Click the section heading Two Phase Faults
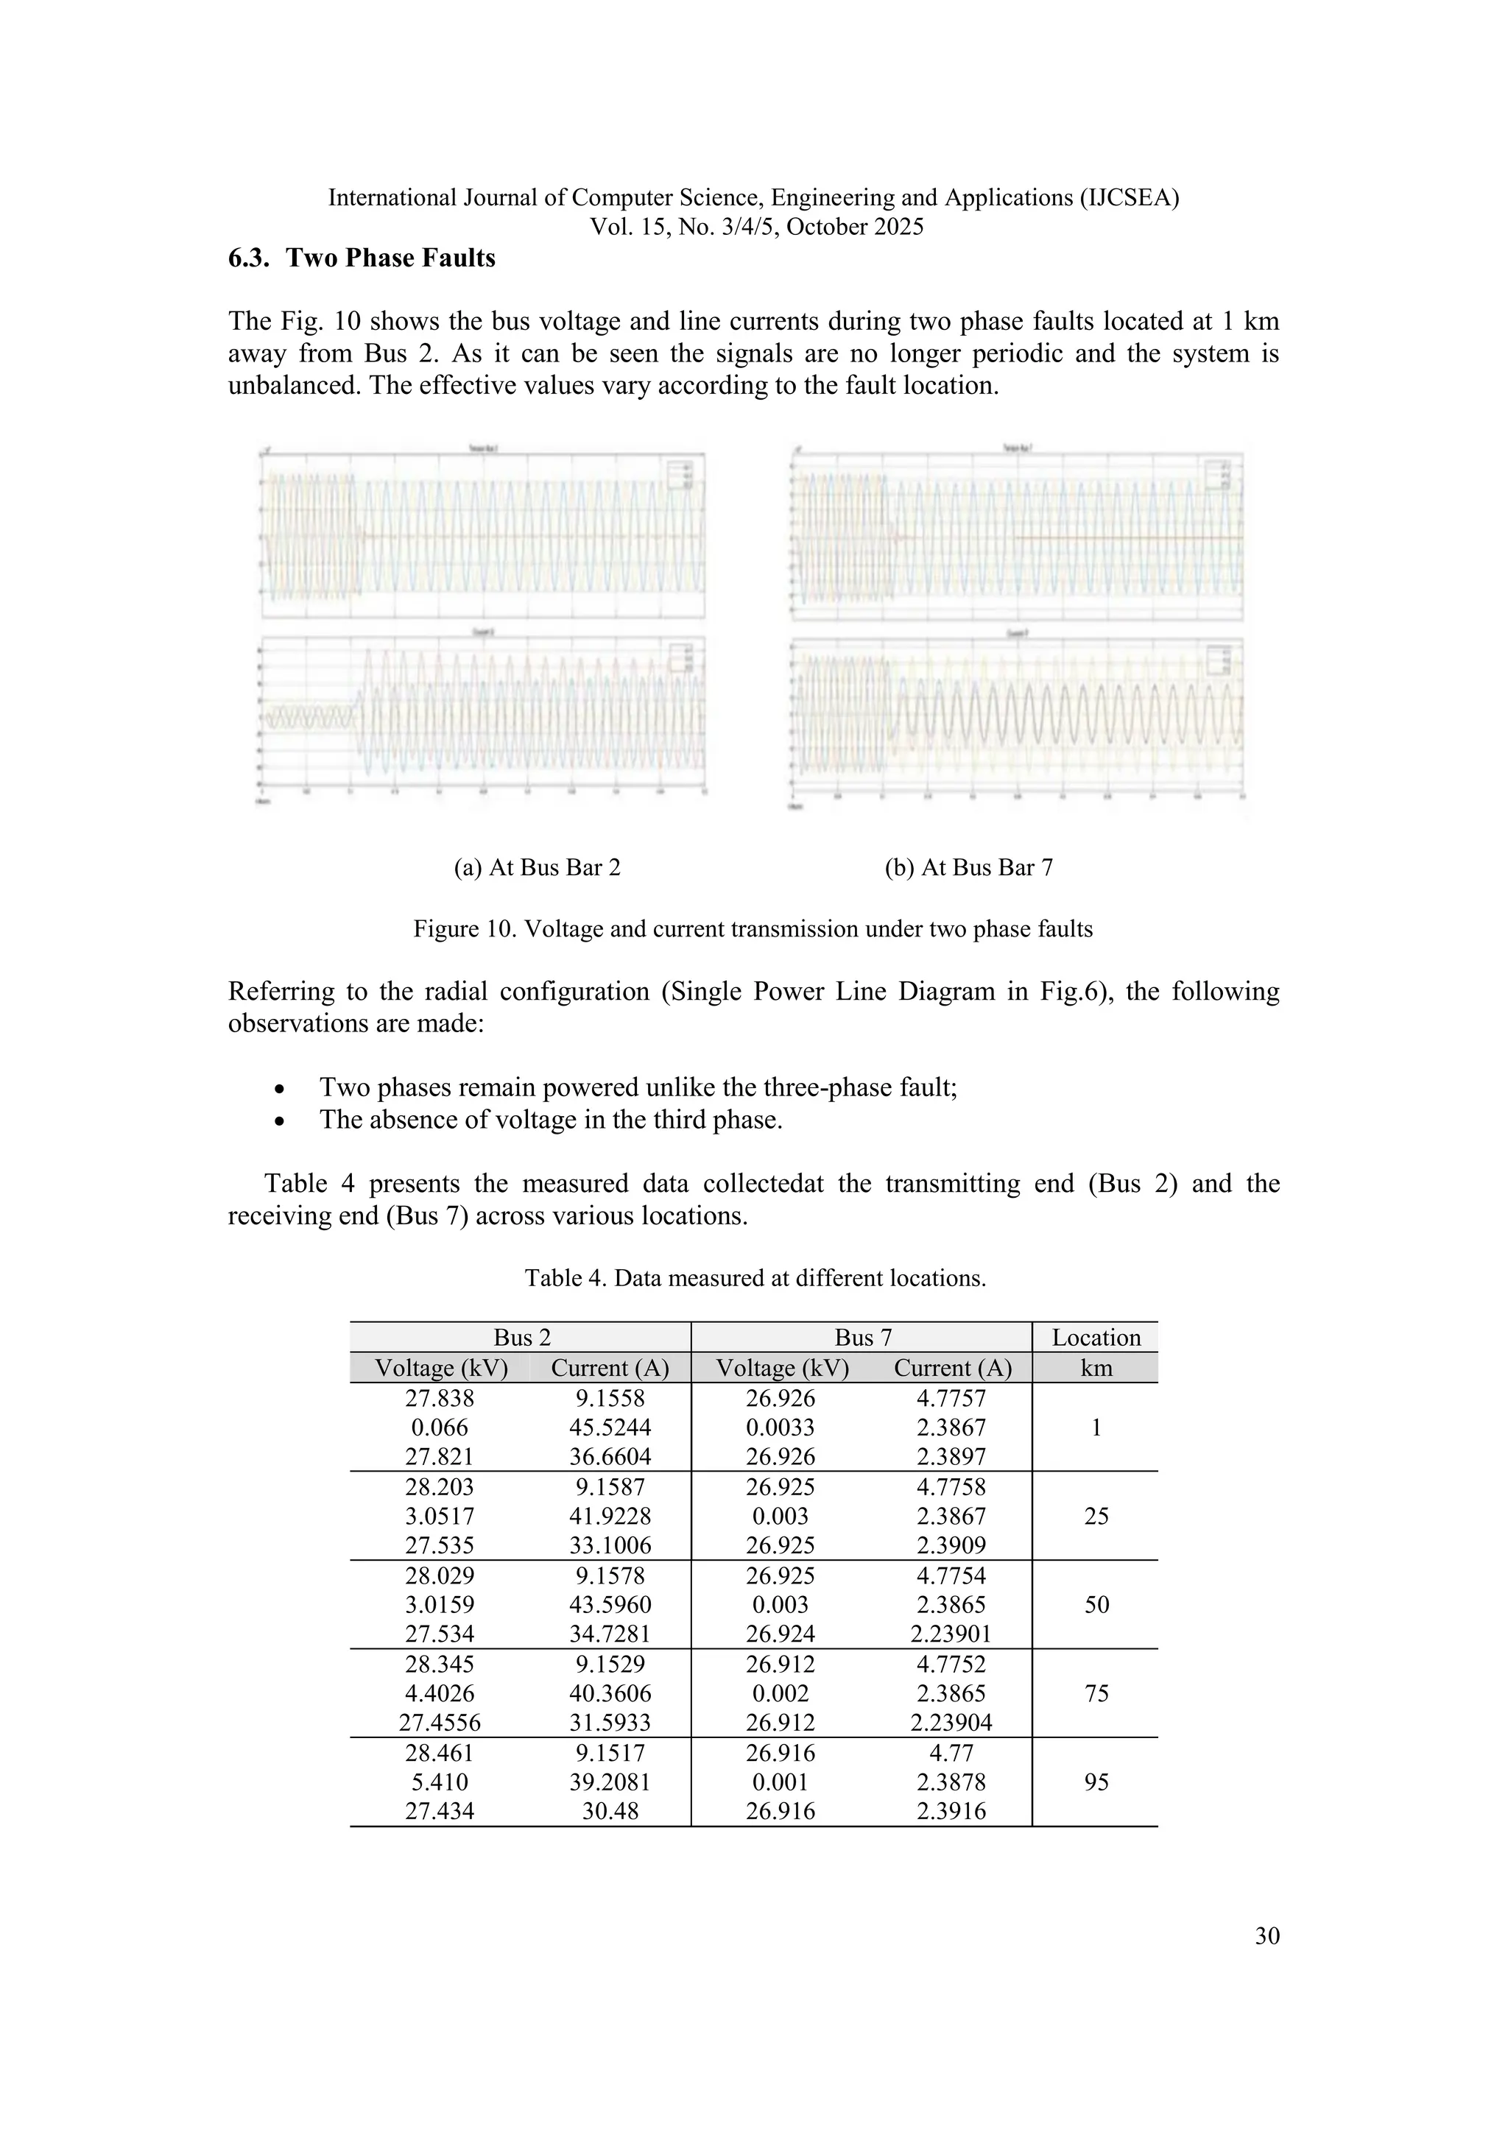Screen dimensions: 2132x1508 pos(362,258)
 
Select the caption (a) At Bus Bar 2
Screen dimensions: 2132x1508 pos(537,867)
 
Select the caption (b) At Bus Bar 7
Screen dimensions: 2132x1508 pos(968,867)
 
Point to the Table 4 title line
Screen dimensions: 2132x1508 pos(754,1278)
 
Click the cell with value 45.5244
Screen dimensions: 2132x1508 pos(610,1427)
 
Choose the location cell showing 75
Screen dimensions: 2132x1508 pos(1096,1692)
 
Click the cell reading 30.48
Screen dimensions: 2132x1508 pos(610,1811)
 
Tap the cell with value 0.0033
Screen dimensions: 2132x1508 pos(780,1427)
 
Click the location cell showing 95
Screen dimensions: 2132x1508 pos(1096,1781)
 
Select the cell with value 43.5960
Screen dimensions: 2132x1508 pos(610,1605)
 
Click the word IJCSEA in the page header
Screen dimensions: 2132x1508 pos(1133,198)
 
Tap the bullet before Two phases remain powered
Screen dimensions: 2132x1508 pos(281,1088)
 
